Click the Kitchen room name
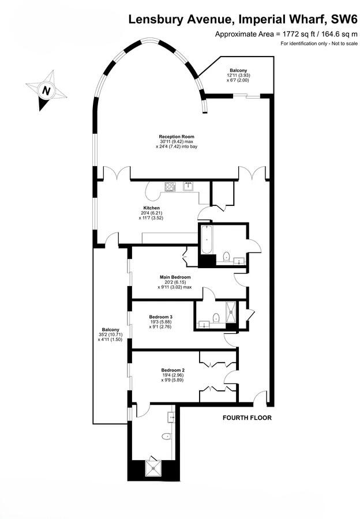click(x=151, y=208)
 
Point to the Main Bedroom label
click(x=175, y=277)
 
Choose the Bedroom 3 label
click(x=161, y=317)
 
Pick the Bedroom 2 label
click(x=172, y=370)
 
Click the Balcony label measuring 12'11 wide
click(x=238, y=70)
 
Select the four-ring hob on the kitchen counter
click(x=170, y=186)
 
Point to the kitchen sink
click(x=189, y=186)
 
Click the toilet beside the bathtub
click(x=226, y=256)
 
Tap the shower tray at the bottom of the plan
click(x=154, y=466)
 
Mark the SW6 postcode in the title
click(x=341, y=20)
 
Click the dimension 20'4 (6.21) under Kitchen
click(x=151, y=213)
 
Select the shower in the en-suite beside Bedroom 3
click(x=232, y=314)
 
